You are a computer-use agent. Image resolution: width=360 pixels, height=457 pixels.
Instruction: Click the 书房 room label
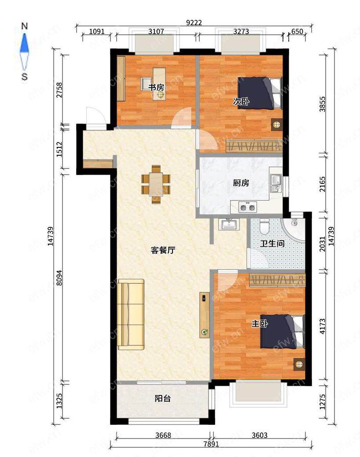click(156, 87)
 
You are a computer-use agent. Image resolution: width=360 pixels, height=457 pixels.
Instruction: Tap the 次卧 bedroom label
click(241, 101)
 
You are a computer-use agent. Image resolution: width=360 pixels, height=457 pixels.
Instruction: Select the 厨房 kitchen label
click(241, 183)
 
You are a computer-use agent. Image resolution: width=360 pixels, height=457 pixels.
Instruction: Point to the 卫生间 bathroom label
click(272, 243)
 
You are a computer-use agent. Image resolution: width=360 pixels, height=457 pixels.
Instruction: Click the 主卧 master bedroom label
click(260, 324)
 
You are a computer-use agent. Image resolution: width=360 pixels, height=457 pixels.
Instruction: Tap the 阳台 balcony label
click(162, 399)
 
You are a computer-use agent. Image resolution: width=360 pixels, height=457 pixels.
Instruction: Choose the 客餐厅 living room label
click(163, 250)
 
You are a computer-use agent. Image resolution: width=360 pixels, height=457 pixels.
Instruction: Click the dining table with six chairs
click(156, 184)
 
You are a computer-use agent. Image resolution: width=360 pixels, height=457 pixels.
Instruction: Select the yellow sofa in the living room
click(131, 314)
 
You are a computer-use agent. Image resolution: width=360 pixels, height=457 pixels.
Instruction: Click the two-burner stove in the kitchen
click(247, 207)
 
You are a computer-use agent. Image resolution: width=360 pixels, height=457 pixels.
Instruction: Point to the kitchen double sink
click(276, 183)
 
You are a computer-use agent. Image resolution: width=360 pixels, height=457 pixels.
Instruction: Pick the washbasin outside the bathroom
click(230, 224)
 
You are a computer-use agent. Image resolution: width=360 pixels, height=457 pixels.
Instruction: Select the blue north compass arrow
click(25, 43)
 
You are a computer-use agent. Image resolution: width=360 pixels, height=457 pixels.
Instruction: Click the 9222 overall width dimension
click(194, 22)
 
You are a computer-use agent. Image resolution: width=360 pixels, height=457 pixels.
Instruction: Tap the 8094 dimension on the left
click(59, 278)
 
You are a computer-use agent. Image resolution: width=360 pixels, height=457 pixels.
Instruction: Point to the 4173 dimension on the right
click(322, 326)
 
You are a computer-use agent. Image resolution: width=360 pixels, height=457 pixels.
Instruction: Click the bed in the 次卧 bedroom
click(260, 93)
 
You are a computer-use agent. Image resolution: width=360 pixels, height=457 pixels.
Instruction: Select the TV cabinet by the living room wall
click(205, 315)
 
